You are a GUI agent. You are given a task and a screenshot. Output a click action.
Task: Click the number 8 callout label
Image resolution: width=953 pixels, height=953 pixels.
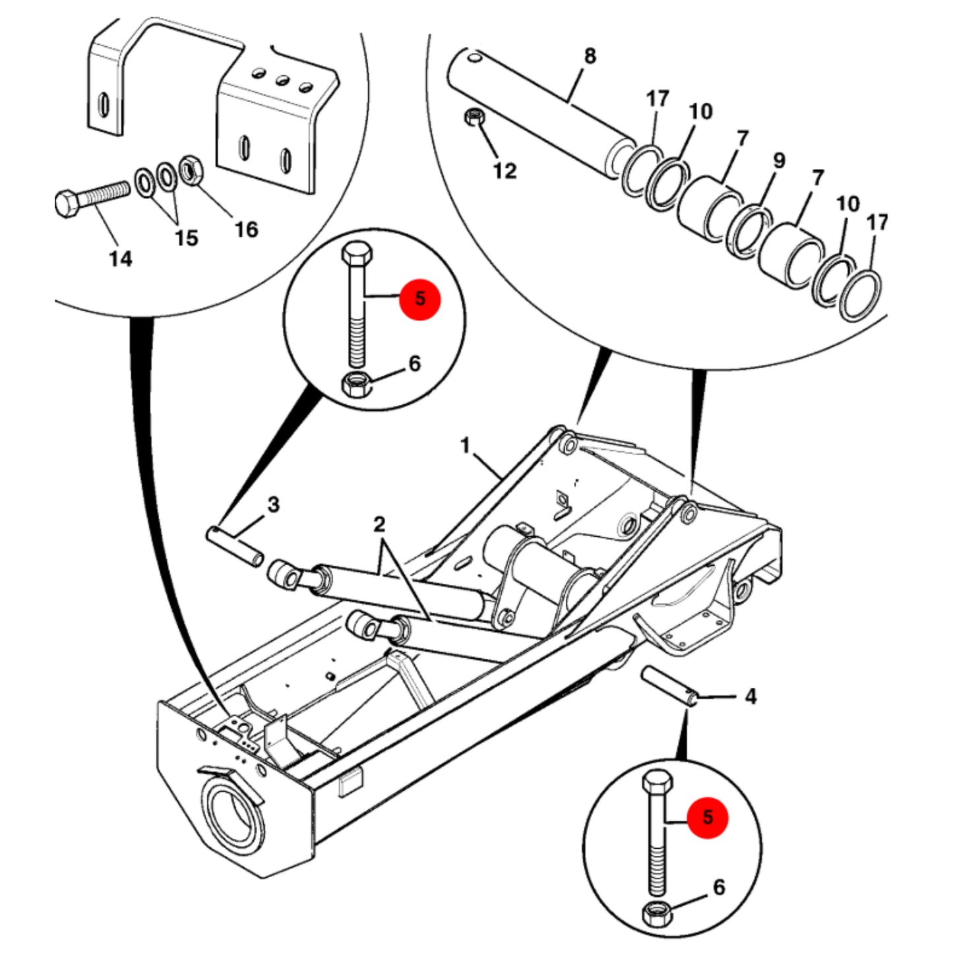tap(590, 56)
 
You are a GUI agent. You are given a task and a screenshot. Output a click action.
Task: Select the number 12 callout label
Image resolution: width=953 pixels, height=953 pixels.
tap(505, 170)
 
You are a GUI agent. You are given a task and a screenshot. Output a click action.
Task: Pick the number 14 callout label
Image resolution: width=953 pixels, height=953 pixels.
tap(121, 258)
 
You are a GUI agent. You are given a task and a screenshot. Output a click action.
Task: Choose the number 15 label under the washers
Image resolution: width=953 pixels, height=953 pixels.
tap(187, 238)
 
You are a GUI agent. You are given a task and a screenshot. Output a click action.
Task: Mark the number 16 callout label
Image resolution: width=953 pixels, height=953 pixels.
tap(246, 229)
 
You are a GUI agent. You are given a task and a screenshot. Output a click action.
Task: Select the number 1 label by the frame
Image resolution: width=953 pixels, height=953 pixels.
tap(465, 446)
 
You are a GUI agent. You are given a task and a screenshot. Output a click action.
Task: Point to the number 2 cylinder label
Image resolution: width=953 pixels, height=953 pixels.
tap(379, 524)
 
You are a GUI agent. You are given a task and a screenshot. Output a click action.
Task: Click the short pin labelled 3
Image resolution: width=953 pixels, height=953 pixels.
tap(234, 547)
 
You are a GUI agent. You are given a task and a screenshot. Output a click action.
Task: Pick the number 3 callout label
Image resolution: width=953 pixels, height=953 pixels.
tap(273, 505)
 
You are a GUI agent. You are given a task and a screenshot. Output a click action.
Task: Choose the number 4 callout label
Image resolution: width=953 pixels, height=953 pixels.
tap(751, 697)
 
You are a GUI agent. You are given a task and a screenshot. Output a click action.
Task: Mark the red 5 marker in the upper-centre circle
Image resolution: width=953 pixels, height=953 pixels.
tap(420, 299)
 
